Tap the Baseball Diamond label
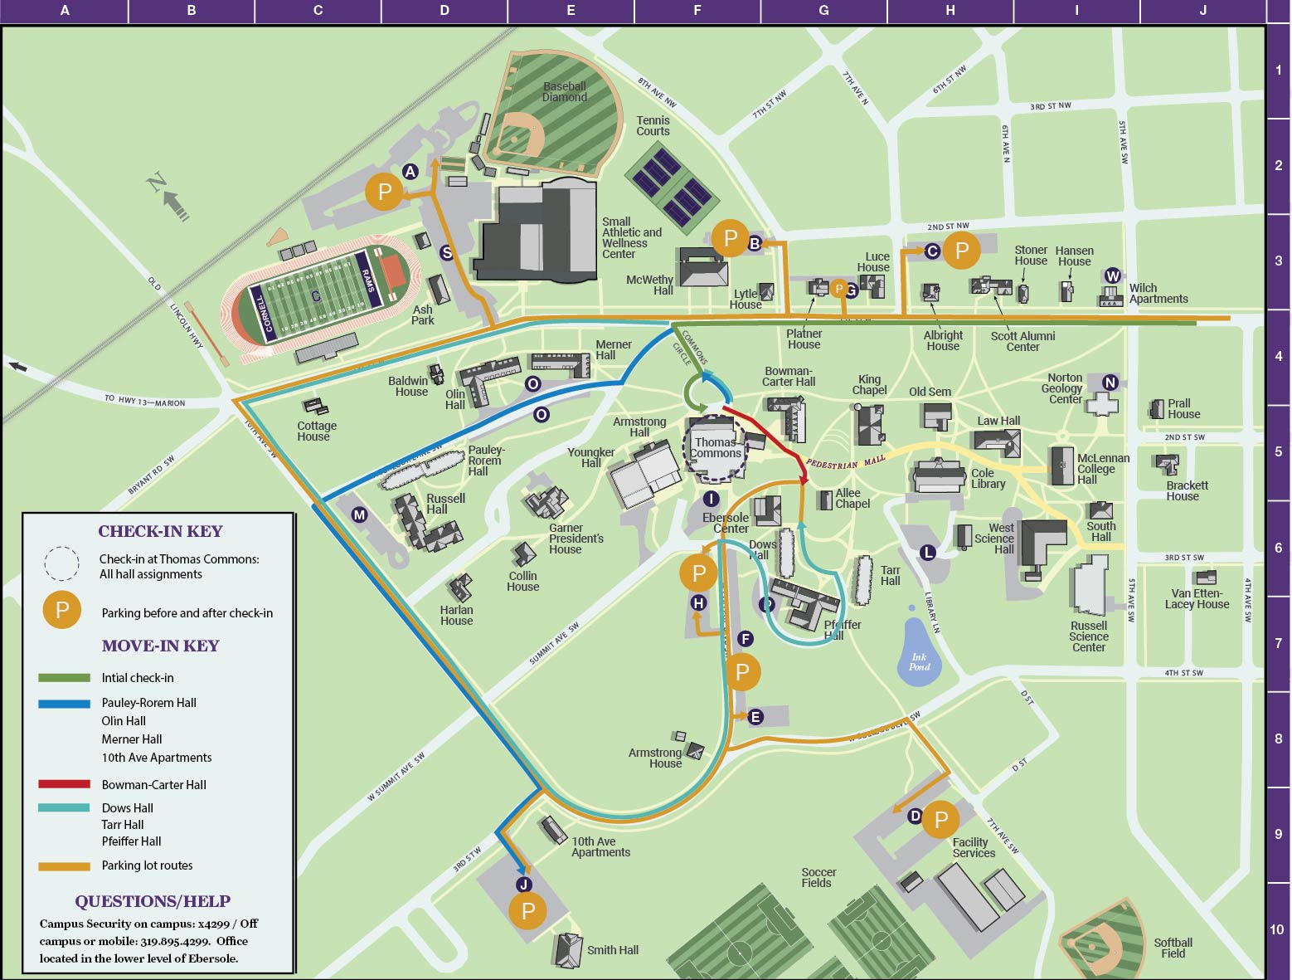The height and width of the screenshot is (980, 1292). (x=565, y=91)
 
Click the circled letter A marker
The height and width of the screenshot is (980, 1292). (x=410, y=172)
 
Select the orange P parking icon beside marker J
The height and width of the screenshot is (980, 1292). (x=528, y=910)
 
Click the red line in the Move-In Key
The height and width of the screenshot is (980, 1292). (x=64, y=784)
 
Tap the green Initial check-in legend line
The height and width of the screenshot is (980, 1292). (x=64, y=678)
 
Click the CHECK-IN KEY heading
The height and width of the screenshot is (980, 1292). (x=160, y=531)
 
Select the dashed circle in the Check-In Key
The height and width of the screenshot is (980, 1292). (x=61, y=564)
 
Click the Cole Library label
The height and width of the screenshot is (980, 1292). (x=988, y=479)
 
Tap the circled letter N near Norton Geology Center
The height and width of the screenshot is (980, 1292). (x=1110, y=383)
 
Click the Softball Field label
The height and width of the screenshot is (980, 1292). (x=1173, y=948)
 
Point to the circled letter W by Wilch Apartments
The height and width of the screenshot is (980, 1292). (x=1113, y=275)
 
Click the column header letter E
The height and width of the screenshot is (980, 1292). (x=571, y=11)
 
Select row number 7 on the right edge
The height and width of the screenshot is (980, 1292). (x=1278, y=643)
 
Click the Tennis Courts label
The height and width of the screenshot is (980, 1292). (x=653, y=126)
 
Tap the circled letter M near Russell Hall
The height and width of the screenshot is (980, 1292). (x=359, y=514)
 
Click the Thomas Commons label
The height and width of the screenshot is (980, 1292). (x=715, y=448)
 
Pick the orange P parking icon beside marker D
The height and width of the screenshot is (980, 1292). (x=940, y=820)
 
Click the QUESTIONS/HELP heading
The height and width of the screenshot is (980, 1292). (x=153, y=901)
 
